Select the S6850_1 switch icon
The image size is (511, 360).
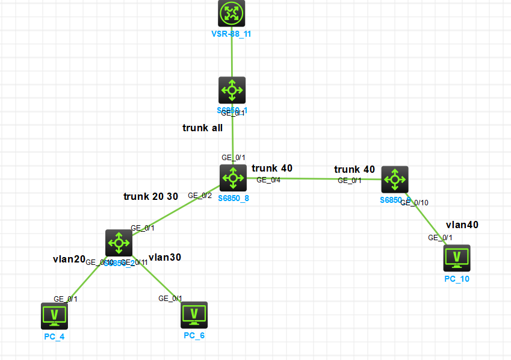[232, 90]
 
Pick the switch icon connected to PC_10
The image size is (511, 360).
[395, 179]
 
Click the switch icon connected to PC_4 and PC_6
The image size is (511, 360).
[119, 243]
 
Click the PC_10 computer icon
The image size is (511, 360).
[456, 258]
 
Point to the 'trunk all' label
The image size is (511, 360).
[202, 128]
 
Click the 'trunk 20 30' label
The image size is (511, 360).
[150, 196]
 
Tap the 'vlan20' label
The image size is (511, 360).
[69, 259]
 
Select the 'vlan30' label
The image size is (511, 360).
[164, 257]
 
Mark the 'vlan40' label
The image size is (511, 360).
[462, 225]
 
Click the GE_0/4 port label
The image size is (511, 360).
[268, 179]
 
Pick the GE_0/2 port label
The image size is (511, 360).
[199, 196]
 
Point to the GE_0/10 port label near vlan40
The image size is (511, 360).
[415, 203]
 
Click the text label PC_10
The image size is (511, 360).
[456, 279]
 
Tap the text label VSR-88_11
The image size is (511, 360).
[232, 34]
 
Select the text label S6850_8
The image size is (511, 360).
[233, 198]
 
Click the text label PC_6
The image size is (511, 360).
[194, 335]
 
